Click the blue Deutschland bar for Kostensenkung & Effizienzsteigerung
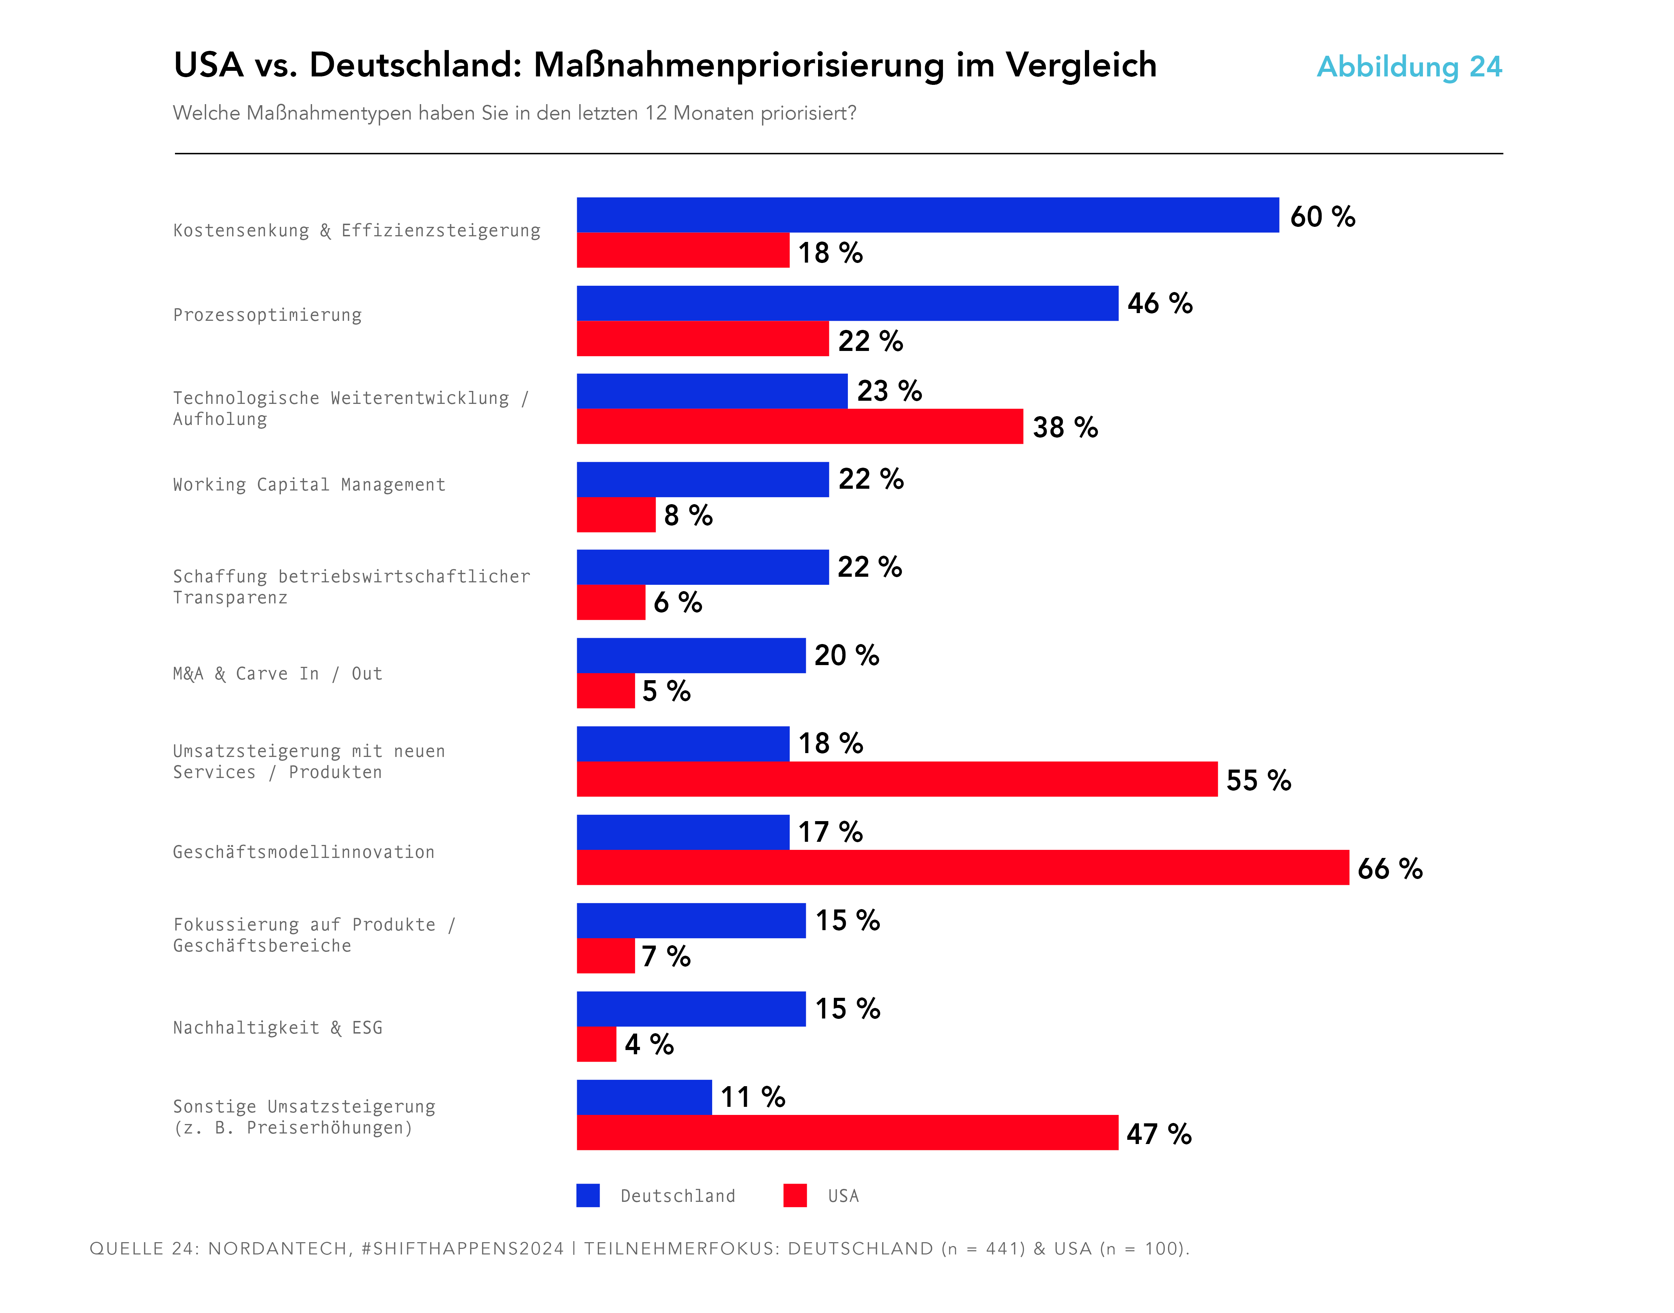click(x=927, y=215)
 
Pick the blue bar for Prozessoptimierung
click(x=848, y=304)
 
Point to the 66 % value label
click(x=1390, y=869)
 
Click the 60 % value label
click(x=1323, y=217)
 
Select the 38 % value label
click(x=1065, y=427)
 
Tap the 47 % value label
click(x=1159, y=1134)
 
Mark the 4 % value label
click(x=649, y=1044)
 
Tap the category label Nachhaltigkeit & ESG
click(x=278, y=1028)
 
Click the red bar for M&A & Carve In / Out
click(x=606, y=690)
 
